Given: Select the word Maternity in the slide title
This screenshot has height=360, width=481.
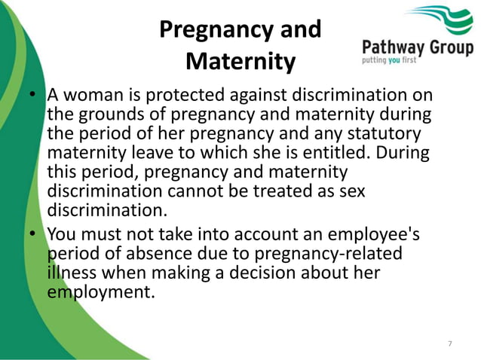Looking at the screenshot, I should pos(240,60).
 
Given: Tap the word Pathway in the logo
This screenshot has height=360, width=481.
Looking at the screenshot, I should pos(395,48).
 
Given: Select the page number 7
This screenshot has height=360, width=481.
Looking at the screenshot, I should pos(450,343).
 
